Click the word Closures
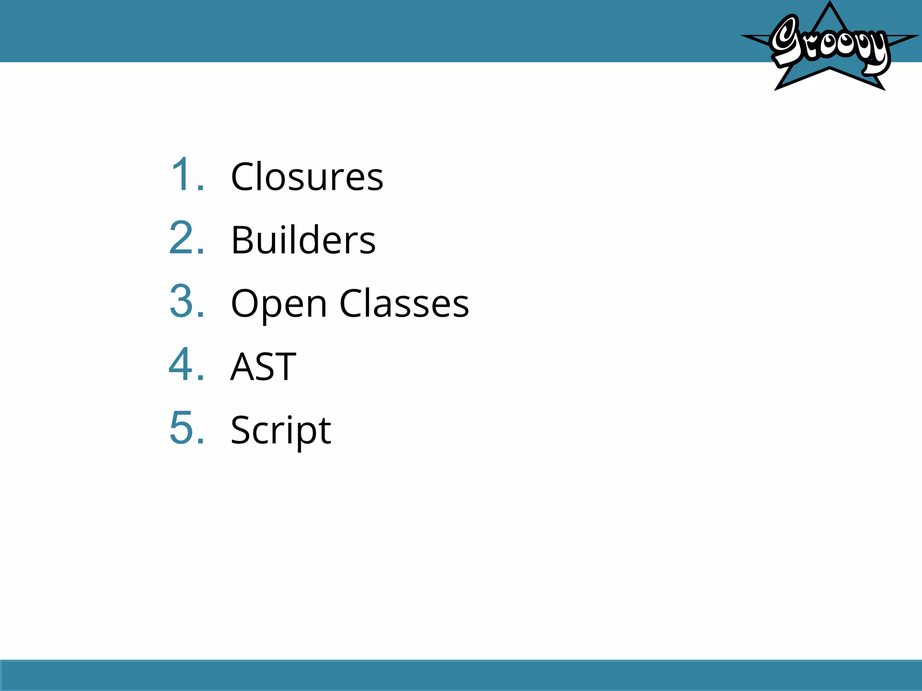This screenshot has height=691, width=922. coord(307,177)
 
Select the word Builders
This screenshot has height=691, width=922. coord(303,240)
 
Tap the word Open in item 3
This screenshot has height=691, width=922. coord(279,304)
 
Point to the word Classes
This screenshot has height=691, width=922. coord(404,304)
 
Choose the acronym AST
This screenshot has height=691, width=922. coord(263,367)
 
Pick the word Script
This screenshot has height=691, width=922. coord(281,431)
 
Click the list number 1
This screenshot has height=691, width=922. coord(186,175)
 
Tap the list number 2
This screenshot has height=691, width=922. coord(186,238)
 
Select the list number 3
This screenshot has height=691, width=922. coord(186,301)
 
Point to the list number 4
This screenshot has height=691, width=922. coord(186,365)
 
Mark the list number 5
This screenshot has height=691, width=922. coord(186,428)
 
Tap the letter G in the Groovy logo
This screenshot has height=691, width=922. coord(786,40)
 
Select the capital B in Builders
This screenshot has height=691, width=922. coord(241,240)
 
